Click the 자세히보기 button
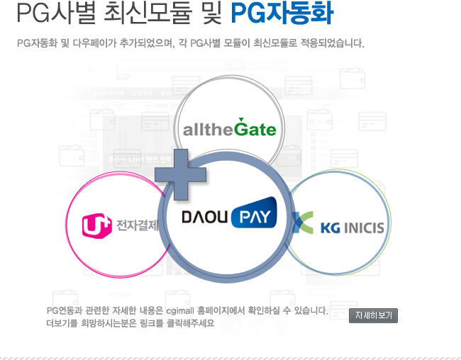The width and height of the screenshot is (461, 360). click(373, 315)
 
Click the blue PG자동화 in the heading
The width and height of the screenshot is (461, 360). click(282, 13)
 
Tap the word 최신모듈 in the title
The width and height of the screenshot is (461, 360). click(148, 13)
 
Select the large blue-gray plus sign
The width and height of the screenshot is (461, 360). click(181, 174)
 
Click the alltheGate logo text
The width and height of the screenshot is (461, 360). click(230, 128)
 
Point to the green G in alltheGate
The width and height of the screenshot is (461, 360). click(241, 128)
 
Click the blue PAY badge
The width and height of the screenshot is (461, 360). click(254, 213)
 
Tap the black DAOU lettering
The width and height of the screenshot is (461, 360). click(205, 217)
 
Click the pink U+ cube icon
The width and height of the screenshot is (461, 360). click(96, 225)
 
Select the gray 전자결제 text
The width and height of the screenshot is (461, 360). click(138, 225)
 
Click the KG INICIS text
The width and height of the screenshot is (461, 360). click(352, 227)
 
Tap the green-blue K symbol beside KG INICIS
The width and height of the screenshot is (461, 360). click(303, 223)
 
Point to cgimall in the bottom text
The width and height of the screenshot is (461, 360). click(180, 310)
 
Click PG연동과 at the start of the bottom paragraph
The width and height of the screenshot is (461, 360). click(65, 310)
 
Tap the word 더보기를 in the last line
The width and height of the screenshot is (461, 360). click(62, 323)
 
